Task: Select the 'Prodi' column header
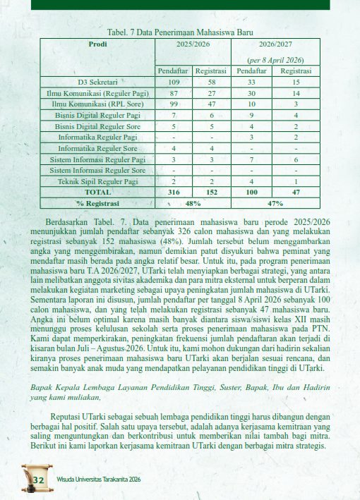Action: pyautogui.click(x=97, y=44)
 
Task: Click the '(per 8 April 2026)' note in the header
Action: pyautogui.click(x=276, y=61)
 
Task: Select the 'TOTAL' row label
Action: pyautogui.click(x=97, y=191)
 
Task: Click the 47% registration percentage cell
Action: pyautogui.click(x=276, y=203)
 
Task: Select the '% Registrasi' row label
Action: pyautogui.click(x=97, y=203)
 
